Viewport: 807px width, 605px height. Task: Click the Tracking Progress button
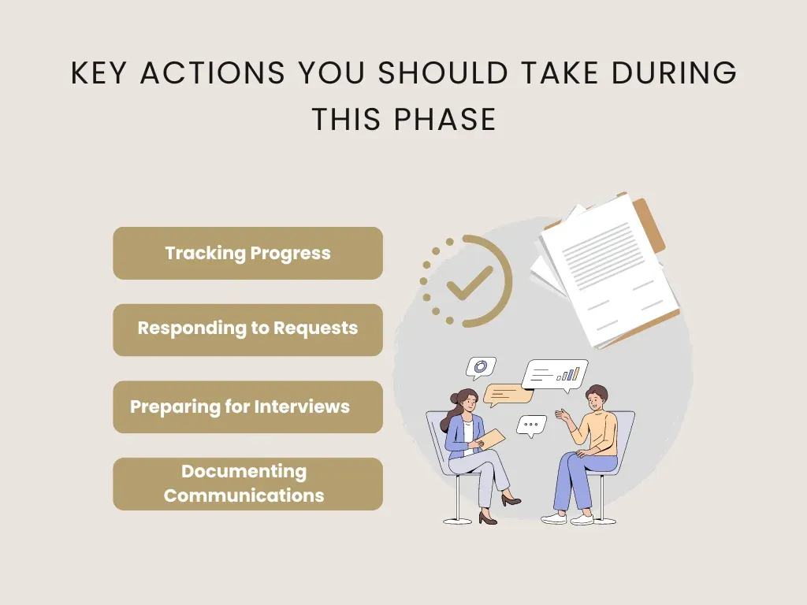pyautogui.click(x=247, y=254)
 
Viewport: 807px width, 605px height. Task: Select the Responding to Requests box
pyautogui.click(x=247, y=329)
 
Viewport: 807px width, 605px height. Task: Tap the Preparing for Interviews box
pyautogui.click(x=247, y=406)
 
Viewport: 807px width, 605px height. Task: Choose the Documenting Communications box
pyautogui.click(x=247, y=484)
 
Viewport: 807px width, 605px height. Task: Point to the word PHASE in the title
pyautogui.click(x=446, y=120)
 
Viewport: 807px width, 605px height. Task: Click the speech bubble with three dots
pyautogui.click(x=532, y=425)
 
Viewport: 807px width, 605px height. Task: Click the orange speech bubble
pyautogui.click(x=505, y=393)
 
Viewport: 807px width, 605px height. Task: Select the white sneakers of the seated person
pyautogui.click(x=569, y=518)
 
